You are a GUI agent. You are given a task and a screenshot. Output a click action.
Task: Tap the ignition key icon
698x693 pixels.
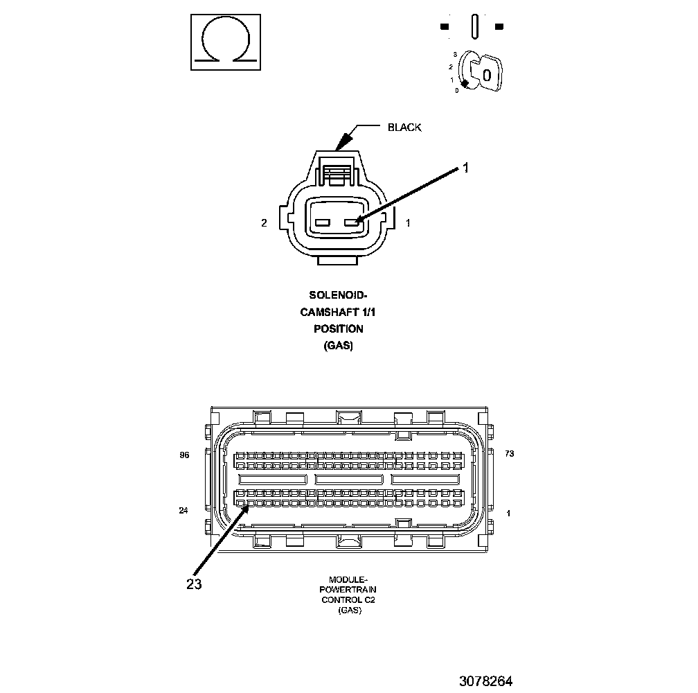point(483,72)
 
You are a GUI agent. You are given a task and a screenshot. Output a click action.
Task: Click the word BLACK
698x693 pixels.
point(404,128)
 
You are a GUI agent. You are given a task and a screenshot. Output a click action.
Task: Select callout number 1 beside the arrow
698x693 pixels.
point(466,167)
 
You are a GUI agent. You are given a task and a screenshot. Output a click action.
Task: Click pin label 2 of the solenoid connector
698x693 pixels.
point(264,223)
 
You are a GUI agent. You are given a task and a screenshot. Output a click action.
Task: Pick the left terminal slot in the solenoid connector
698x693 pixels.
point(323,223)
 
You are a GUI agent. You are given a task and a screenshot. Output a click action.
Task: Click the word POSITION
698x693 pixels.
point(338,328)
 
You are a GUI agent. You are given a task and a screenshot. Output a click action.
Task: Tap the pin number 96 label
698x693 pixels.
point(184,455)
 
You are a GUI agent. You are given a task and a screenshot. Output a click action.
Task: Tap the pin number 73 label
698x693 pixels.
point(509,454)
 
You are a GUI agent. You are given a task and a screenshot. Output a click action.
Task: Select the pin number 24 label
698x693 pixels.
point(184,511)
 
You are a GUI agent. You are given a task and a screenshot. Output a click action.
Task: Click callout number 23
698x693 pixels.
point(194,584)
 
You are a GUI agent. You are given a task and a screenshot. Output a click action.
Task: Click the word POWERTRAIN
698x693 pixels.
point(348,590)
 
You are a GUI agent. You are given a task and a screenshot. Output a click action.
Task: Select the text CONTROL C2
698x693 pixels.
point(348,600)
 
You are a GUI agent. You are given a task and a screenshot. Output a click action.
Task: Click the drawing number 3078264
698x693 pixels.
point(485,681)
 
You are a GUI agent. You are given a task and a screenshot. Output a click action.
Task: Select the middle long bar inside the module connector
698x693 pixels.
point(349,479)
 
